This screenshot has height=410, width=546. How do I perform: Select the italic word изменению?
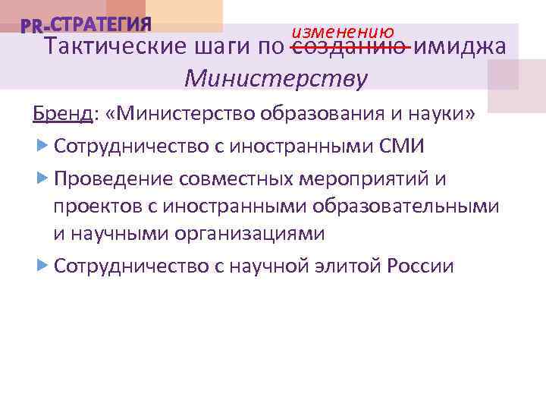pos(343,32)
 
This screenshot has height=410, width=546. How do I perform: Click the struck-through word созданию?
pos(350,47)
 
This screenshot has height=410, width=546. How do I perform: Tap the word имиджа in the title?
pos(460,47)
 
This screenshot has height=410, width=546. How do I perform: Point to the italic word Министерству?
pos(276,77)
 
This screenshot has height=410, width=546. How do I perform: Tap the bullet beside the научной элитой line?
pos(42,266)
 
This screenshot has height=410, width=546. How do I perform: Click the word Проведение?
pos(114,178)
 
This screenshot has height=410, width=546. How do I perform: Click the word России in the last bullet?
pos(420,266)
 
